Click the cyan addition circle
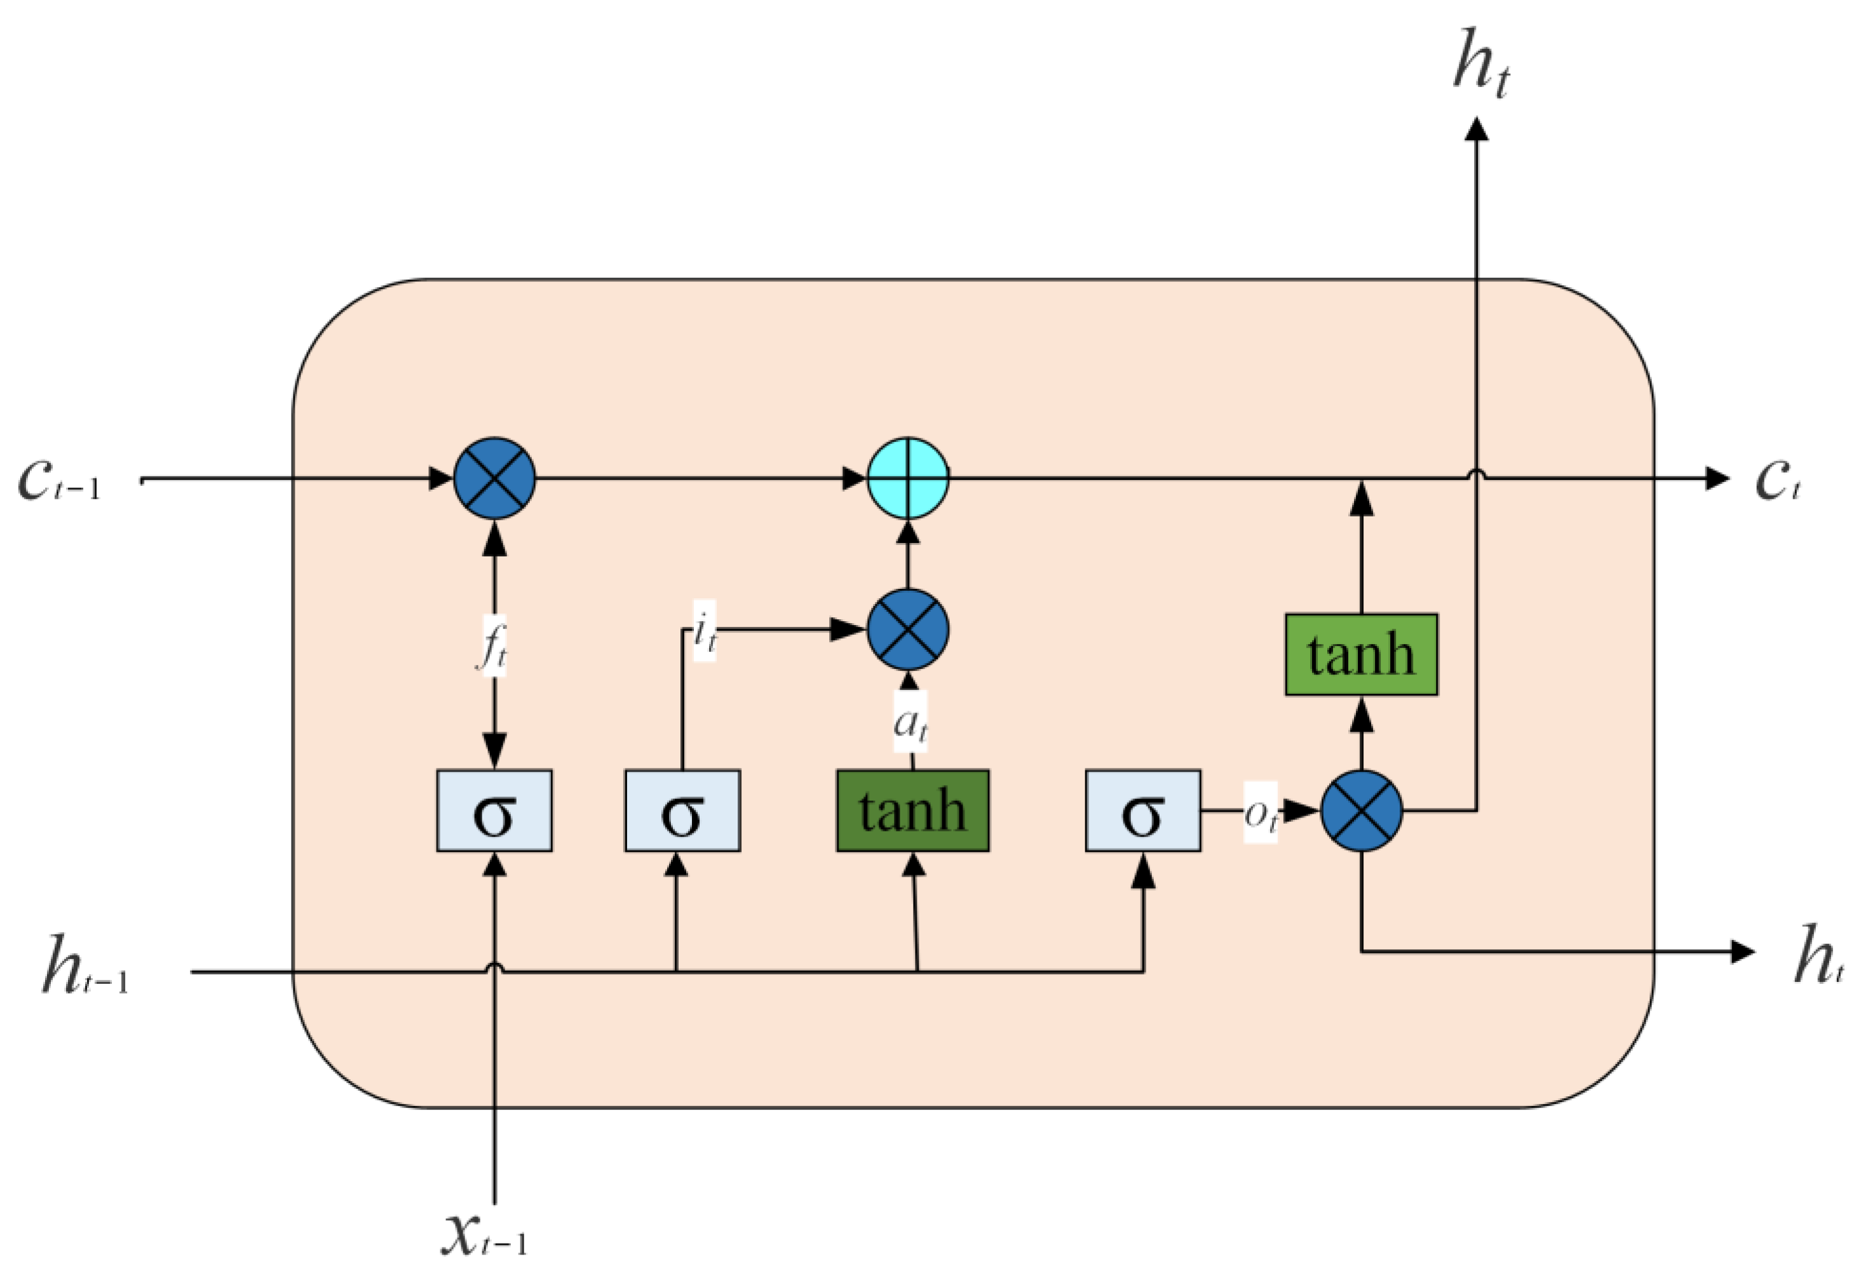[908, 479]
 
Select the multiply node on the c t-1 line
[494, 479]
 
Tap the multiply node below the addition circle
[908, 630]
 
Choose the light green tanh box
[1362, 655]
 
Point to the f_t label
[493, 647]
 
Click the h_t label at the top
[1482, 64]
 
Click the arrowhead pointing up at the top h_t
[1477, 130]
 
